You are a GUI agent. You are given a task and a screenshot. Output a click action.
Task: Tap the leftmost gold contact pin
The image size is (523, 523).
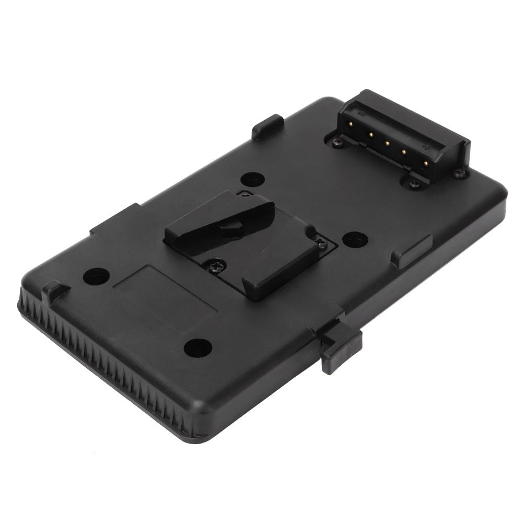pos(354,125)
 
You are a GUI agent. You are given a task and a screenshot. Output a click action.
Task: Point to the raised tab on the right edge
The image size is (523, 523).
pos(413,249)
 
